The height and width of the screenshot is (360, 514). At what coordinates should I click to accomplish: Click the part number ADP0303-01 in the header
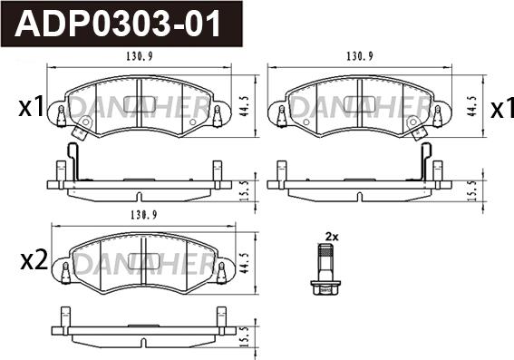117,24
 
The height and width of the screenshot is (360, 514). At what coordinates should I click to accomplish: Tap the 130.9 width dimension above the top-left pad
140,57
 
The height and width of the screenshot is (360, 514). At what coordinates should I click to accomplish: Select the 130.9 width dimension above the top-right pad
360,57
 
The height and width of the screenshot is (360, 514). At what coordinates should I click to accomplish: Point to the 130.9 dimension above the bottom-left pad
144,215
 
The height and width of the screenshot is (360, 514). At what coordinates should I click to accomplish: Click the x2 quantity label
34,260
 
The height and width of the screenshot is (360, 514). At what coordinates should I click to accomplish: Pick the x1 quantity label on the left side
31,107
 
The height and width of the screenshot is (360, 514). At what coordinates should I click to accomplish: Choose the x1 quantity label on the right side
502,108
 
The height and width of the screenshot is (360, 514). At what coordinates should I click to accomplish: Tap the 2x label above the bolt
332,237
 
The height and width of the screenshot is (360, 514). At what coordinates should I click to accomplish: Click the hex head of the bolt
325,287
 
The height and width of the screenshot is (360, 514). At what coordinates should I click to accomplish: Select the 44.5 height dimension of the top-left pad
245,107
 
